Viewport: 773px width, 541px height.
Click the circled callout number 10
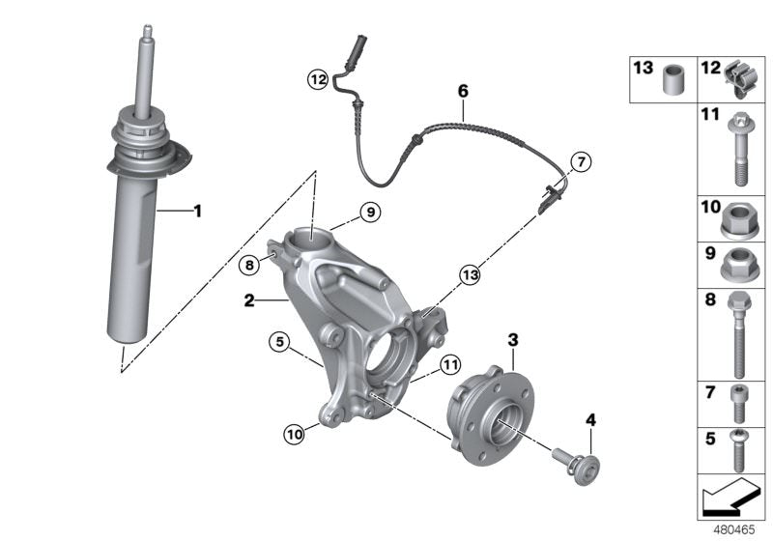point(293,434)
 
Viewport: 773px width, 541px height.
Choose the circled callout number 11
point(448,364)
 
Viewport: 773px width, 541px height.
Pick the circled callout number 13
point(471,275)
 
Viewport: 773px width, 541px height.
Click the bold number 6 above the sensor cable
point(463,91)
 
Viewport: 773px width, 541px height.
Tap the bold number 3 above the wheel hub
point(513,339)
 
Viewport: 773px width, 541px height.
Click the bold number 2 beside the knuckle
point(249,301)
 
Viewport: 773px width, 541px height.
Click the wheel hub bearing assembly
point(493,411)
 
